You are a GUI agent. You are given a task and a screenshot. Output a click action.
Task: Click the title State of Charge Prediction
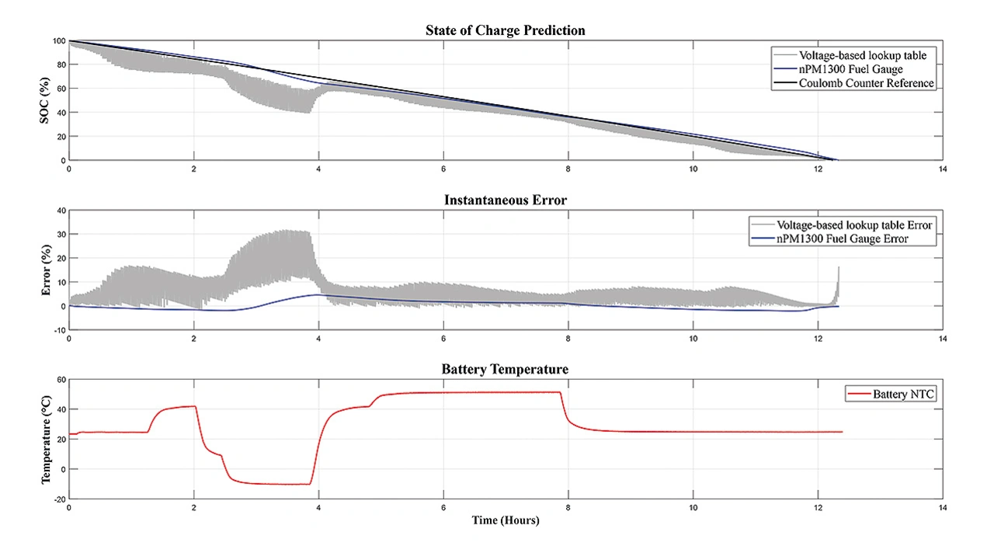pyautogui.click(x=505, y=31)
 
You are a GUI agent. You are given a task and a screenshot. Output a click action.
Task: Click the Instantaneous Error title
pyautogui.click(x=505, y=200)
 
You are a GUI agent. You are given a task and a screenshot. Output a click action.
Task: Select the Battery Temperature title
pyautogui.click(x=505, y=370)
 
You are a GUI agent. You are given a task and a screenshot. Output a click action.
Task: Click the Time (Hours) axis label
pyautogui.click(x=506, y=520)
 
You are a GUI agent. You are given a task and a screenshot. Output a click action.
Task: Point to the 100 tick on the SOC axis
pyautogui.click(x=57, y=40)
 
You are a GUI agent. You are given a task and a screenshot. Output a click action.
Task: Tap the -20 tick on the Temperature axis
pyautogui.click(x=57, y=499)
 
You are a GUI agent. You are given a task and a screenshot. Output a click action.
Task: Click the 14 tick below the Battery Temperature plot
pyautogui.click(x=942, y=508)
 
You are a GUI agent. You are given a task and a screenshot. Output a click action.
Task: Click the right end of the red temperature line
pyautogui.click(x=841, y=432)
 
